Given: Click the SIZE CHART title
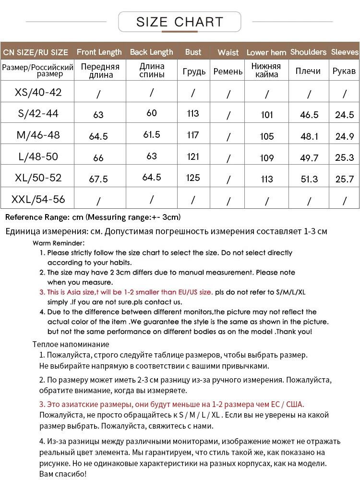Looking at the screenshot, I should tap(180, 22).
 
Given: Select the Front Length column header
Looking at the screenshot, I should tap(99, 52).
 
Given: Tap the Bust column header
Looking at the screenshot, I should tap(193, 52).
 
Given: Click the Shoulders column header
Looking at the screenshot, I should tap(308, 52).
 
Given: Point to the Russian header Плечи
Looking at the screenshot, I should tap(308, 71).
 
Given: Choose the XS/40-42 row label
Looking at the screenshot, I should tap(38, 92).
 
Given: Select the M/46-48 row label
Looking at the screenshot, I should tap(38, 135).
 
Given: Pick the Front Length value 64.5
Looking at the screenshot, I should tap(98, 136).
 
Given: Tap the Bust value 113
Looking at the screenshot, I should tap(193, 114).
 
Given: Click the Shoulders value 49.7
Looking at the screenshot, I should tap(309, 158).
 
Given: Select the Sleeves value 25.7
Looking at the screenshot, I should tap(344, 179).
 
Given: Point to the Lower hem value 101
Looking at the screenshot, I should tap(267, 115).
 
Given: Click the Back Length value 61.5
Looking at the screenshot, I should tap(152, 135).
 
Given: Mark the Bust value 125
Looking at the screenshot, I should tap(193, 178).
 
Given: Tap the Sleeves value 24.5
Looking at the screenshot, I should tap(344, 115).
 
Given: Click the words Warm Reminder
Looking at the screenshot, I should tap(59, 243).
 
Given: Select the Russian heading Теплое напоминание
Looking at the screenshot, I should tap(71, 344).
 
